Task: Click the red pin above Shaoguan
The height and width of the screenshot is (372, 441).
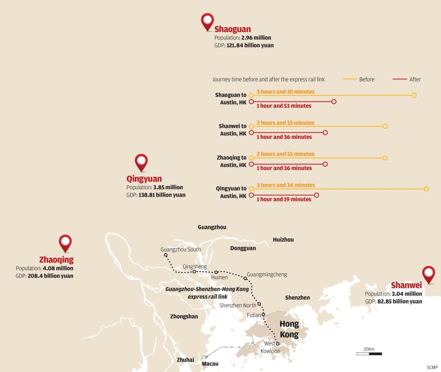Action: point(208,21)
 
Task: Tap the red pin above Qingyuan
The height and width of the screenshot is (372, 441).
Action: point(141,162)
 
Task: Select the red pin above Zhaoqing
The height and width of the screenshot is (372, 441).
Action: point(65,242)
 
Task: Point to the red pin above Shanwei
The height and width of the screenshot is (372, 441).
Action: point(428,273)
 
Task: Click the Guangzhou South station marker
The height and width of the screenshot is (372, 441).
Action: point(166,255)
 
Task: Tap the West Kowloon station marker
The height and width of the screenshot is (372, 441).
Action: point(278,343)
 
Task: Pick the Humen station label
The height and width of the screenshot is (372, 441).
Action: point(219,277)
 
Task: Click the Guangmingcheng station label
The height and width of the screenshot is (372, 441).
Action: point(267,274)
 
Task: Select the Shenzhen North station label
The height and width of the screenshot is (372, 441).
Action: point(238,305)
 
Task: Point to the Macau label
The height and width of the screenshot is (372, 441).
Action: point(210,364)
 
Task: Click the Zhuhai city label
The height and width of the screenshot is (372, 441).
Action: point(185,360)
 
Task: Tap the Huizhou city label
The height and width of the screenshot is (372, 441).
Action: point(283,240)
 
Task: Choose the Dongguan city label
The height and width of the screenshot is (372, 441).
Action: point(243,248)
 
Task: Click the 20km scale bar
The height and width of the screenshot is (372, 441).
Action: point(369,354)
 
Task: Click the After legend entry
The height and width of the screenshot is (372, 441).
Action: point(407,79)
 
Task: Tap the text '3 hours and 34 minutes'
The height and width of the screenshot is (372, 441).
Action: point(286,185)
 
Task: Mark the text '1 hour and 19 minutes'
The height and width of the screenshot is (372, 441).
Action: point(284,200)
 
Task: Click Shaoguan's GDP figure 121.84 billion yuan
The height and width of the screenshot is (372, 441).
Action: point(250,45)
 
